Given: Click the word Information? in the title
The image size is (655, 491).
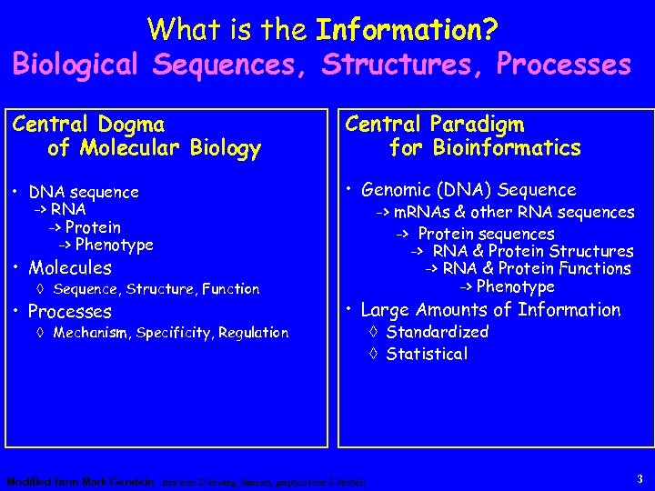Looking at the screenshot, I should [407, 30].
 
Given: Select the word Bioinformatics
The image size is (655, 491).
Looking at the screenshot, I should [505, 147].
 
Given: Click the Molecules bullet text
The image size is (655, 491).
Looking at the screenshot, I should [70, 267].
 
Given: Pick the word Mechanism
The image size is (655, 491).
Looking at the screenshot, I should [93, 333].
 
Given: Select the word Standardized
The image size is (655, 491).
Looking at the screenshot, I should [437, 333].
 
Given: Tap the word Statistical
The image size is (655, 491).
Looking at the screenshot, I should [427, 354].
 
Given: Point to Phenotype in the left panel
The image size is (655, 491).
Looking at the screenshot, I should [114, 245].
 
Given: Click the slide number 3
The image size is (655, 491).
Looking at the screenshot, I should [640, 478].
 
